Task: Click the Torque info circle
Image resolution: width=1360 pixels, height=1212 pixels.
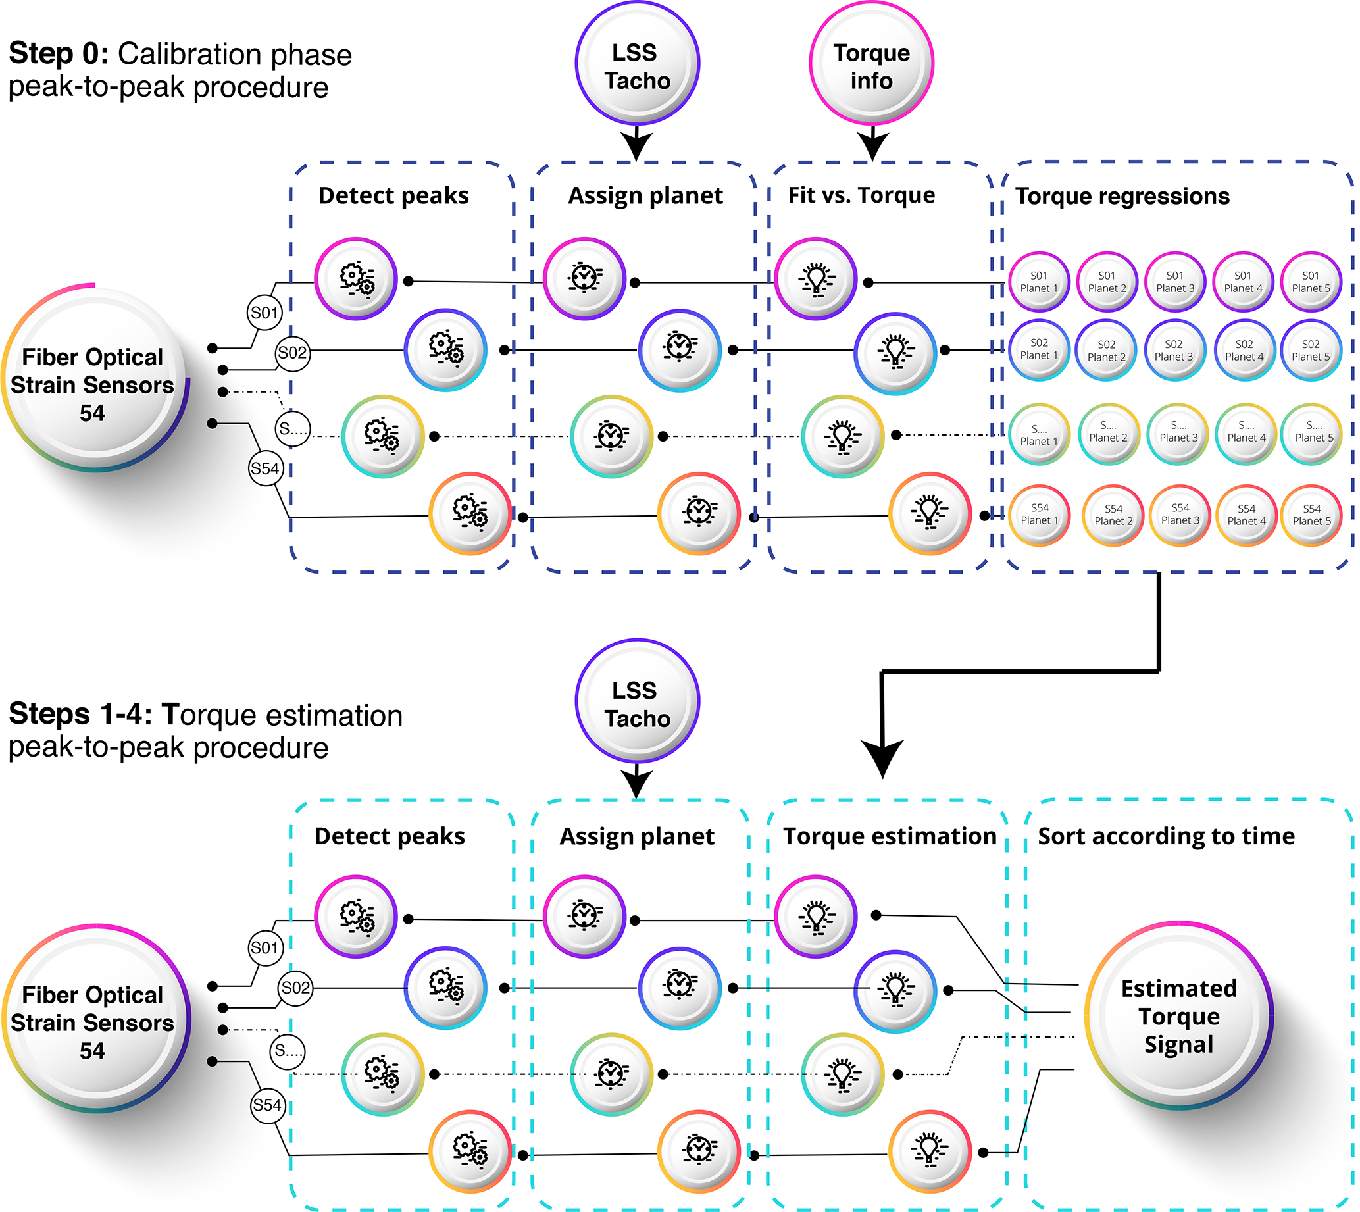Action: coord(871,64)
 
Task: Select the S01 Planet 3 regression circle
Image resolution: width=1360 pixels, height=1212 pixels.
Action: coord(1176,282)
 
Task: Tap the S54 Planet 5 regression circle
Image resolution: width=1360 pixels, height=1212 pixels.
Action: coord(1311,515)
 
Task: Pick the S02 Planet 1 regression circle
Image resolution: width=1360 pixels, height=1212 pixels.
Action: coord(1039,349)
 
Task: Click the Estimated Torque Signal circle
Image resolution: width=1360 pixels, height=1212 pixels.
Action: coord(1178,1015)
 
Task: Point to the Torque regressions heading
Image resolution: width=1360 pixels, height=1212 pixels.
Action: coord(1122,197)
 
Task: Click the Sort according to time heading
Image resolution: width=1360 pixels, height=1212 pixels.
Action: coord(1166,836)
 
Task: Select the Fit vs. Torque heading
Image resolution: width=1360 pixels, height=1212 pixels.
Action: coord(861,195)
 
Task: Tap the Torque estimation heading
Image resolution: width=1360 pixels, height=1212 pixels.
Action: coord(889,836)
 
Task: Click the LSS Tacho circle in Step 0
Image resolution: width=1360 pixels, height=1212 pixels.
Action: coord(637,64)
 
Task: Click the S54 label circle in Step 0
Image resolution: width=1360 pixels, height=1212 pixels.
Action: coord(265,469)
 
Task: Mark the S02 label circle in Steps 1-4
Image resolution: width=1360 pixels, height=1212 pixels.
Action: coord(295,988)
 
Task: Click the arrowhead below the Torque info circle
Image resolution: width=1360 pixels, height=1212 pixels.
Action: coord(872,146)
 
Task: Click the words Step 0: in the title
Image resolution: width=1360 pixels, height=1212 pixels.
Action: coord(59,53)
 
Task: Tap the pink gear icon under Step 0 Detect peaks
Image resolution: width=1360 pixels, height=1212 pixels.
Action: coord(357,278)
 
